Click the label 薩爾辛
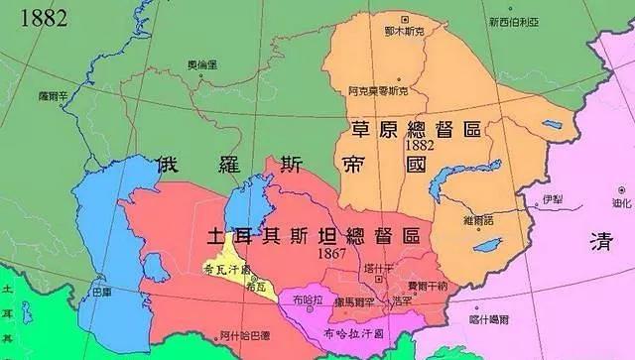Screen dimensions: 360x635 click(52, 96)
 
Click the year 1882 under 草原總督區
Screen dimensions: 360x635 click(393, 145)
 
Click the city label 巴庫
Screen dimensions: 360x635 click(101, 294)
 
